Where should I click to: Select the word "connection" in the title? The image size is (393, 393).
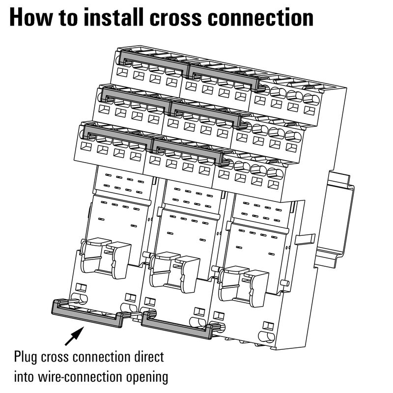(x=261, y=17)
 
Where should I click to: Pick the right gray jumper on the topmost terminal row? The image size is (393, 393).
(x=224, y=77)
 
